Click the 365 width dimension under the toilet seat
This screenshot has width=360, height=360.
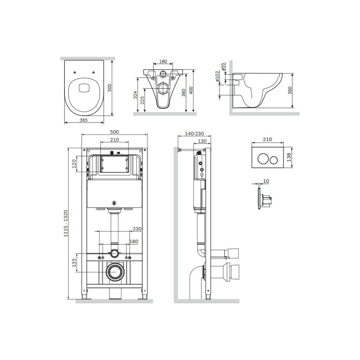[84, 120]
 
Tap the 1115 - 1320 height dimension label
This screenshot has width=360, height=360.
[66, 224]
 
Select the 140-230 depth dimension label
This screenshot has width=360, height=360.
[194, 134]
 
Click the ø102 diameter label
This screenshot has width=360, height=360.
[217, 76]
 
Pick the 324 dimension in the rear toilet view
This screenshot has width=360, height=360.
[135, 95]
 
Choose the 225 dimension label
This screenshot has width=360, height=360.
[142, 100]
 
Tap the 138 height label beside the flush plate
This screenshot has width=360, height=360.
[289, 157]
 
